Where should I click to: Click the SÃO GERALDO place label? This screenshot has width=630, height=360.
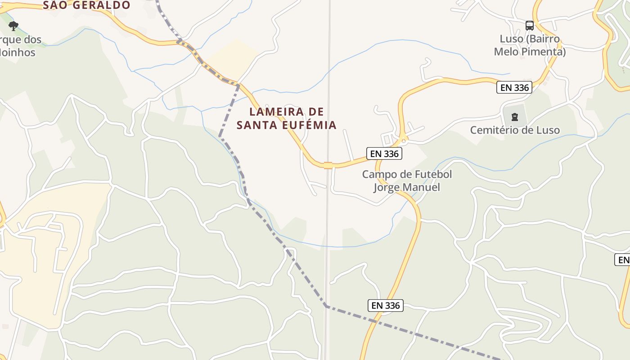86,5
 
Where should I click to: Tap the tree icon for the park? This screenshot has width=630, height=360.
13,26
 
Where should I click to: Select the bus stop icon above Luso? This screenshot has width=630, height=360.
530,25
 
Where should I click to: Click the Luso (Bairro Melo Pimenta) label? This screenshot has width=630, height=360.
530,45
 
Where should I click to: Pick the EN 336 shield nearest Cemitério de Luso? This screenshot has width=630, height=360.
514,87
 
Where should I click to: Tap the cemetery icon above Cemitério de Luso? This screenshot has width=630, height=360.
515,117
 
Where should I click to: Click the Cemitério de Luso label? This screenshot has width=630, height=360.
515,130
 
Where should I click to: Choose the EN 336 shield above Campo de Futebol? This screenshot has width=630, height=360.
384,153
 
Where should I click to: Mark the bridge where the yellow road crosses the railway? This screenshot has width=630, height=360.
328,165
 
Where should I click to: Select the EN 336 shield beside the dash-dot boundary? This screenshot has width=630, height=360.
386,306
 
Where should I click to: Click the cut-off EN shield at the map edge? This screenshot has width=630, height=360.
623,260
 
